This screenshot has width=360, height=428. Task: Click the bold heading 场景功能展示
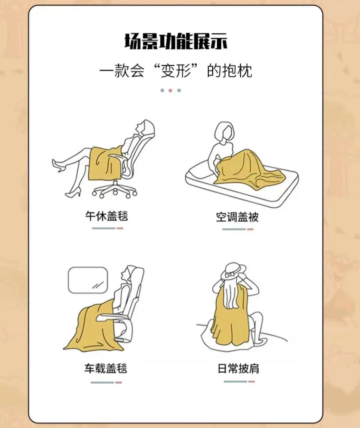176,42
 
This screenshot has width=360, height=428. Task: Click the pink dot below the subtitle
170,90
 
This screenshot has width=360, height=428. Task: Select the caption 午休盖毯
107,216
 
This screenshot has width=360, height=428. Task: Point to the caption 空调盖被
237,217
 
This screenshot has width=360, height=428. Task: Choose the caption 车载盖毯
106,368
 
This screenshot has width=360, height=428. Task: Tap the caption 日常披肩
238,369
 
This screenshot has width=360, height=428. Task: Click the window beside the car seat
88,280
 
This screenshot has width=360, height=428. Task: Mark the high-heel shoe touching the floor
73,193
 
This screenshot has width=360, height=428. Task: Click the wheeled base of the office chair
115,189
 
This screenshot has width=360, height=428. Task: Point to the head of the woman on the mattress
225,131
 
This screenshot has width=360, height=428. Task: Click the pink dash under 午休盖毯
120,228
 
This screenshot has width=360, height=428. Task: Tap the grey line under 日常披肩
235,382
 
